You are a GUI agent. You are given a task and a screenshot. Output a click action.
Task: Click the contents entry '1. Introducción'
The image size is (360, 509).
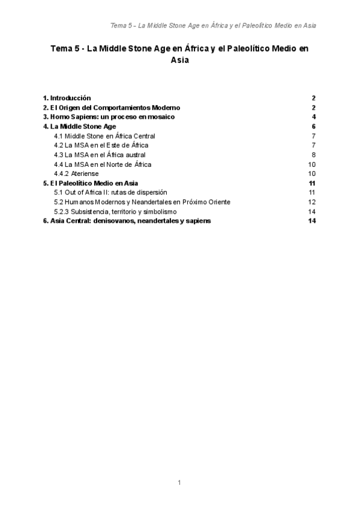coord(67,97)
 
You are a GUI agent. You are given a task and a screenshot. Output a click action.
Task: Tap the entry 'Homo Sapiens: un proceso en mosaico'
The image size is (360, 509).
coord(109,116)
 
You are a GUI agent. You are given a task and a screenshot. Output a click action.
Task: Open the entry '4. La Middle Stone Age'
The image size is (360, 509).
coord(79,127)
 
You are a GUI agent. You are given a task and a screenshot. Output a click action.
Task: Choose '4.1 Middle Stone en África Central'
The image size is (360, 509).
coord(104,136)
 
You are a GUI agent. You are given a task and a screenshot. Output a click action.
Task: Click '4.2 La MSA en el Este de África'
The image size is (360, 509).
coord(101,145)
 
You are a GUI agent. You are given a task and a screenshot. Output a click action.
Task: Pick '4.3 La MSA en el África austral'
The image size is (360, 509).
coord(100,155)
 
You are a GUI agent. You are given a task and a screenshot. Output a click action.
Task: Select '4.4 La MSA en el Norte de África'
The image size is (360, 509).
coord(103,164)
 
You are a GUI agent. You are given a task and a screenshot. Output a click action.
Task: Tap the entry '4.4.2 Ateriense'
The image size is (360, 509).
coord(77,173)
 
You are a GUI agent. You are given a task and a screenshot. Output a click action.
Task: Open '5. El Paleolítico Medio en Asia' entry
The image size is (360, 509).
coord(91,183)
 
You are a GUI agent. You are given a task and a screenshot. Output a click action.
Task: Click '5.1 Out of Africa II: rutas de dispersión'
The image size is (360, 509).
coord(110,192)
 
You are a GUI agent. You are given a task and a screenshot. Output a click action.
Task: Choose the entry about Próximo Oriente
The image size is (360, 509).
coord(142,202)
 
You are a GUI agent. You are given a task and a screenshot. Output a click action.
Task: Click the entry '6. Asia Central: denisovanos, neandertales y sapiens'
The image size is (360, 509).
coord(127,221)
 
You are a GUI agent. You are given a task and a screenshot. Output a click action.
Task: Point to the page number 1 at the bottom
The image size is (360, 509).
coord(179,482)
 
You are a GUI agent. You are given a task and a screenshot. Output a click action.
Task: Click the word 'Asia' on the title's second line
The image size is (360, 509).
coord(179,60)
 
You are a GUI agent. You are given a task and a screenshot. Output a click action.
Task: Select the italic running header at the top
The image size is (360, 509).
coord(214,26)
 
